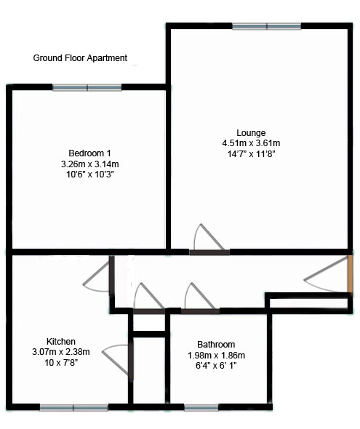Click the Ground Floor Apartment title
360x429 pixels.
tap(80, 58)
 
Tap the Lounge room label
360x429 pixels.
tap(251, 133)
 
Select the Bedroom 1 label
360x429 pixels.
tap(89, 153)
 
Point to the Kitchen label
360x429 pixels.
tap(61, 342)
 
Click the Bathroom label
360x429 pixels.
tap(216, 344)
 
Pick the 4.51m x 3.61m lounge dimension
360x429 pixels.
tap(251, 143)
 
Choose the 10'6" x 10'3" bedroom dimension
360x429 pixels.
tap(90, 175)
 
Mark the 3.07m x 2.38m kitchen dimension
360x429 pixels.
tap(61, 352)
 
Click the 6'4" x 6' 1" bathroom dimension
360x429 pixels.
tap(216, 366)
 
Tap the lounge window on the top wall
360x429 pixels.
tap(267, 26)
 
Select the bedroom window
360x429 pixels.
tap(87, 87)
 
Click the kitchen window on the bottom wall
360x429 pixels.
tap(74, 408)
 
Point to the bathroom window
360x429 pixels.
tap(201, 408)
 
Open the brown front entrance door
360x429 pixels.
tap(350, 274)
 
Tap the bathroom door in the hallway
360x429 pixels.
tap(201, 311)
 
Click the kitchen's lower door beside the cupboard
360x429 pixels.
tap(131, 358)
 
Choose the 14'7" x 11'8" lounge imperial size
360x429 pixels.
tap(251, 154)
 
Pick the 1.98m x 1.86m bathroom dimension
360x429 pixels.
tap(216, 356)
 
